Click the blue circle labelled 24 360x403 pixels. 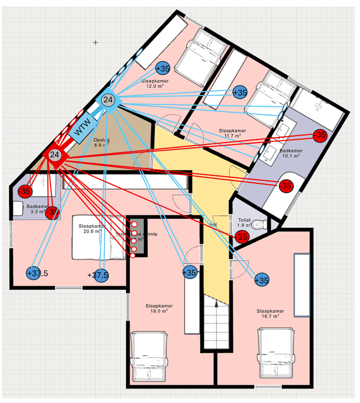click(x=108, y=100)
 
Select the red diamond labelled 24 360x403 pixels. click(x=55, y=155)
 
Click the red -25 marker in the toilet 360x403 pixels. click(x=242, y=237)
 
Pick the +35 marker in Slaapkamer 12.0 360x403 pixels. click(x=163, y=68)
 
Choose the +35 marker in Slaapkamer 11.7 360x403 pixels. click(x=240, y=92)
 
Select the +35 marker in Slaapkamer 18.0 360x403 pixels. click(x=189, y=273)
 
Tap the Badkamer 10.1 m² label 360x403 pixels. click(x=290, y=153)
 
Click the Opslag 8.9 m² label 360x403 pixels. click(x=101, y=142)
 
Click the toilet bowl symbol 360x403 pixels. click(x=258, y=224)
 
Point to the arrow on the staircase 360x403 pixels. click(x=216, y=304)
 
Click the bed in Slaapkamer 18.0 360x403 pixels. click(x=148, y=358)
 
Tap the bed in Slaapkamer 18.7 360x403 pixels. click(x=276, y=353)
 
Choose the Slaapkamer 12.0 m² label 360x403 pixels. click(x=154, y=83)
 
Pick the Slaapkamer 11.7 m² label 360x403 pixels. click(x=232, y=132)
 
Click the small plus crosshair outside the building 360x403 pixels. click(x=95, y=42)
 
